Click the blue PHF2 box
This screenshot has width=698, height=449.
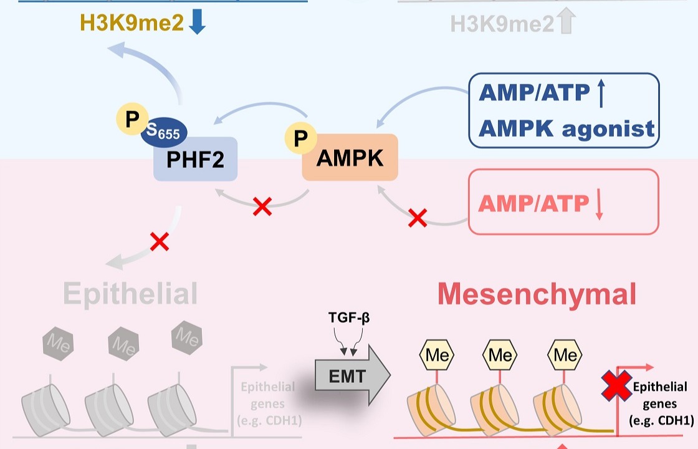[195, 160]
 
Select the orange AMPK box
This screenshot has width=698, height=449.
[350, 158]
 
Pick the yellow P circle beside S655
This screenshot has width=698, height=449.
[132, 119]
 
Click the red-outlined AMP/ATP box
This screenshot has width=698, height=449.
[563, 202]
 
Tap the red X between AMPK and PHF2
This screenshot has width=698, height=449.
[262, 207]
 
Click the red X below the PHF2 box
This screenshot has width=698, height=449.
[160, 242]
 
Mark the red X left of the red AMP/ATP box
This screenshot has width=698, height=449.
[418, 218]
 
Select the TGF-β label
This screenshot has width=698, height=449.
[349, 318]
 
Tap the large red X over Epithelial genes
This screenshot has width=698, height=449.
[616, 385]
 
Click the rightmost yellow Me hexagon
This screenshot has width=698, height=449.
[565, 355]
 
